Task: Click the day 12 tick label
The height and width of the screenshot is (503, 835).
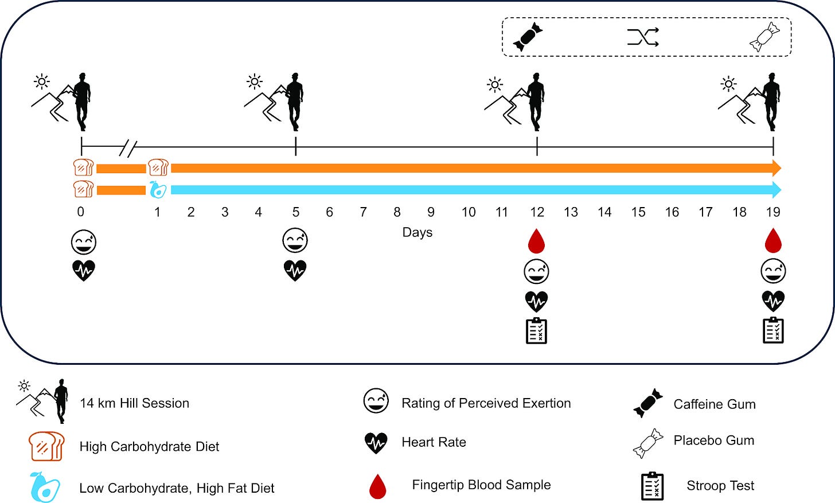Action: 537,212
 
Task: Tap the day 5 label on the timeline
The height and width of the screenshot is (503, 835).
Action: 295,212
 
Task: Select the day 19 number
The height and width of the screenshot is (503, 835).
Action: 773,212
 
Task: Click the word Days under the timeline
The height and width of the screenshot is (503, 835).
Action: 417,232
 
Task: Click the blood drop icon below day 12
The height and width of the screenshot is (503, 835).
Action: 536,241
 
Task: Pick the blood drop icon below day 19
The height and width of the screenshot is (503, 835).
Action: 773,241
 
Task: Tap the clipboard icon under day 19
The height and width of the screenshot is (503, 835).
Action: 773,330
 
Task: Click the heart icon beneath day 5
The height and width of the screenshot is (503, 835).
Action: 295,270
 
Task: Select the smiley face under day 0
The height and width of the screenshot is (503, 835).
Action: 84,242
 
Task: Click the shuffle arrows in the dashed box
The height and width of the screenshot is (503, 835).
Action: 643,37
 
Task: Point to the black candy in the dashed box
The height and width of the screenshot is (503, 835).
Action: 528,37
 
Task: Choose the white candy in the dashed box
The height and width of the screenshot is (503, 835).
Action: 765,37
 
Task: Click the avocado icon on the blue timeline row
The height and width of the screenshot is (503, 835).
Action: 158,190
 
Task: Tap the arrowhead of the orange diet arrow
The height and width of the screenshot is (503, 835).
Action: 777,168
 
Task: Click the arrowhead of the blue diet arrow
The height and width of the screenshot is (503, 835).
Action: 777,190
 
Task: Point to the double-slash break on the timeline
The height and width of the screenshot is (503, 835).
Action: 128,149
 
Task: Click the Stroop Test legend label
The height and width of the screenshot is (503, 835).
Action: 720,486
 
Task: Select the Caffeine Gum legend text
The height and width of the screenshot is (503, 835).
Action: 715,404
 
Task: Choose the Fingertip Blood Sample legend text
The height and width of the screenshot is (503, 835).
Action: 481,485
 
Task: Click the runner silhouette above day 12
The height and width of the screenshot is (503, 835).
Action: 536,102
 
